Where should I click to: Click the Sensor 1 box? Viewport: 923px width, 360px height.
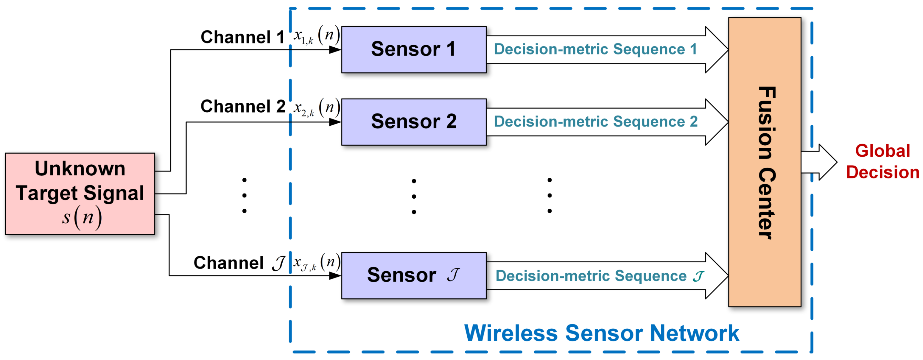pos(413,49)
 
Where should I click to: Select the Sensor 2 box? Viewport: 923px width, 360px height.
pos(413,122)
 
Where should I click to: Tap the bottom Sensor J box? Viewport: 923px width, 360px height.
pos(413,275)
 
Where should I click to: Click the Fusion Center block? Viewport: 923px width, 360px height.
pos(764,162)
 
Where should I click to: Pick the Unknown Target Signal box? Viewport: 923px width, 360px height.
pos(80,194)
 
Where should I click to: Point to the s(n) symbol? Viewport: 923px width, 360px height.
pos(82,217)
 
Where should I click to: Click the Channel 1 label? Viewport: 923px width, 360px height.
pos(242,37)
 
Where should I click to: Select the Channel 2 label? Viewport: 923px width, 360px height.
pos(242,106)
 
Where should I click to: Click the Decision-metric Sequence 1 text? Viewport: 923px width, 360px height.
pos(595,49)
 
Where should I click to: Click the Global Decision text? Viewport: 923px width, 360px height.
pos(882,162)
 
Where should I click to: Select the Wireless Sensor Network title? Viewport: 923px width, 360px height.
pos(602,333)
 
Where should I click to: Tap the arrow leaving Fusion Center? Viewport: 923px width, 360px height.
pos(821,162)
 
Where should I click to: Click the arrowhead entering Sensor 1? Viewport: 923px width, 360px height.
pos(335,50)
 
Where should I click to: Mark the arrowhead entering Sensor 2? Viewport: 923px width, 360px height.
pos(335,122)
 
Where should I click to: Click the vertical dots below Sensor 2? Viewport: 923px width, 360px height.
pos(413,197)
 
